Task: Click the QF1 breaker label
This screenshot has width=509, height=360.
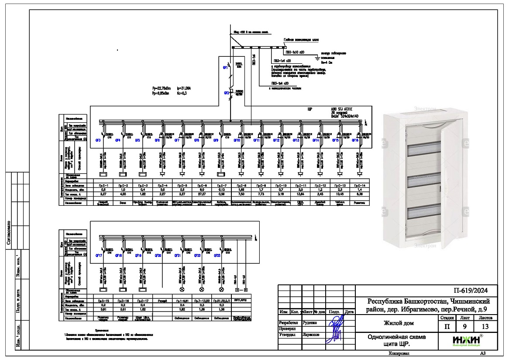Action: point(226,68)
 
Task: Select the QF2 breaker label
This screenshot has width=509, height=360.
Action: point(227,93)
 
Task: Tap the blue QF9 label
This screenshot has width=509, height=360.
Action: point(216,140)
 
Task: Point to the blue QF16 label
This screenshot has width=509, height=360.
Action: point(354,140)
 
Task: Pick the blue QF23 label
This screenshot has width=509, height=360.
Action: point(217,255)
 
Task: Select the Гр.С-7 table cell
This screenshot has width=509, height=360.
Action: point(221,186)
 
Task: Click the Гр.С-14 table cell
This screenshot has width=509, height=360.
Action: point(360,186)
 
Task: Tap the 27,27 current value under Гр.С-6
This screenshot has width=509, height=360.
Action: point(202,194)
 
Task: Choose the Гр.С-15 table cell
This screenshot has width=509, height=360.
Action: point(103,301)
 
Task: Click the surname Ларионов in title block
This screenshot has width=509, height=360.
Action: point(310,335)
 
